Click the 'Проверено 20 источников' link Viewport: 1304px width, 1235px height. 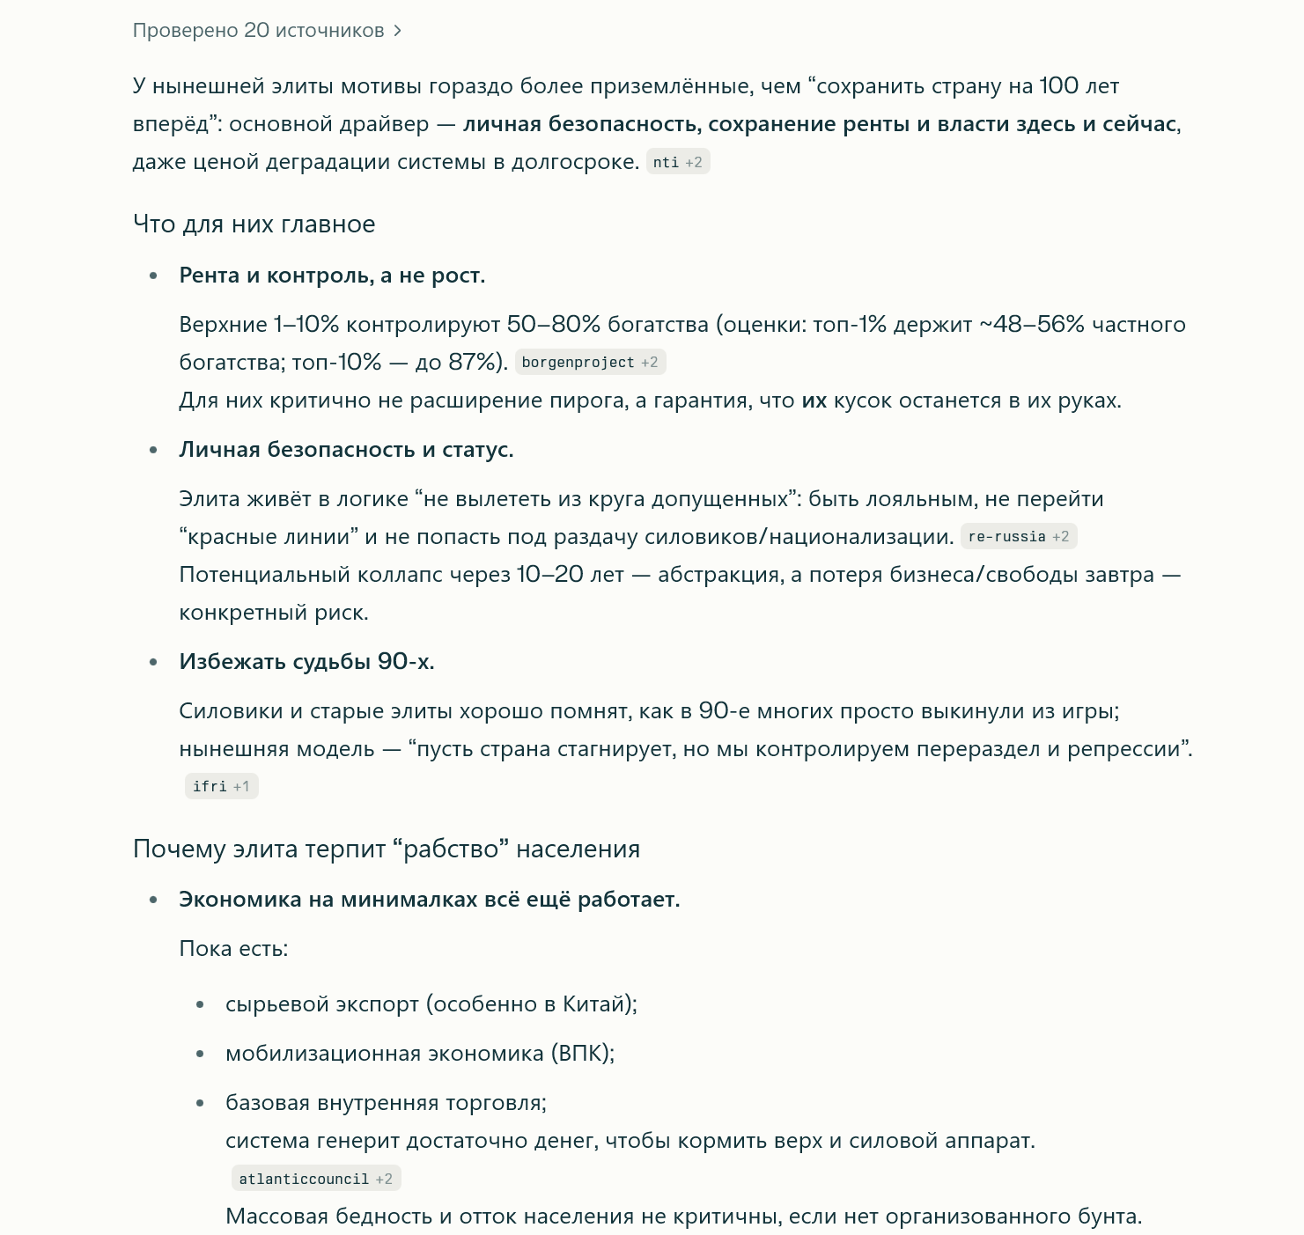coord(258,31)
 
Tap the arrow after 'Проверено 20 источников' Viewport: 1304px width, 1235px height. coord(398,31)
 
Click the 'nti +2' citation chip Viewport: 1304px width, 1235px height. coord(677,162)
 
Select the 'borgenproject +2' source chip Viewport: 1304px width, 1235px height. coord(589,362)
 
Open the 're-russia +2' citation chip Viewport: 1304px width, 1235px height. coord(1018,536)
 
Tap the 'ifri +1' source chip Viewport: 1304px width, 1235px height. coord(220,786)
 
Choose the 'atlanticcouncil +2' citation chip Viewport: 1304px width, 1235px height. coord(315,1179)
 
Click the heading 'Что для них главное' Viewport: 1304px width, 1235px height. coord(254,224)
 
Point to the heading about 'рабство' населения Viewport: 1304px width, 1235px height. coord(386,849)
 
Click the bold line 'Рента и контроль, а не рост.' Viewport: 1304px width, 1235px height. coord(332,276)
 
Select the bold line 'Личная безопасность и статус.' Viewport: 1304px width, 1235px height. coord(346,450)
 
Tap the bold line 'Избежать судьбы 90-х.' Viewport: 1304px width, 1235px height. coord(306,661)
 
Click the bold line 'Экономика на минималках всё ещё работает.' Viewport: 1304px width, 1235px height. coord(429,900)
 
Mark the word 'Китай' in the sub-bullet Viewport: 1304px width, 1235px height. coord(594,1004)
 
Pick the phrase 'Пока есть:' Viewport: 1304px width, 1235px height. coord(233,949)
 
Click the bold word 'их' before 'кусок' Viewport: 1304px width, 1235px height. coord(814,401)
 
